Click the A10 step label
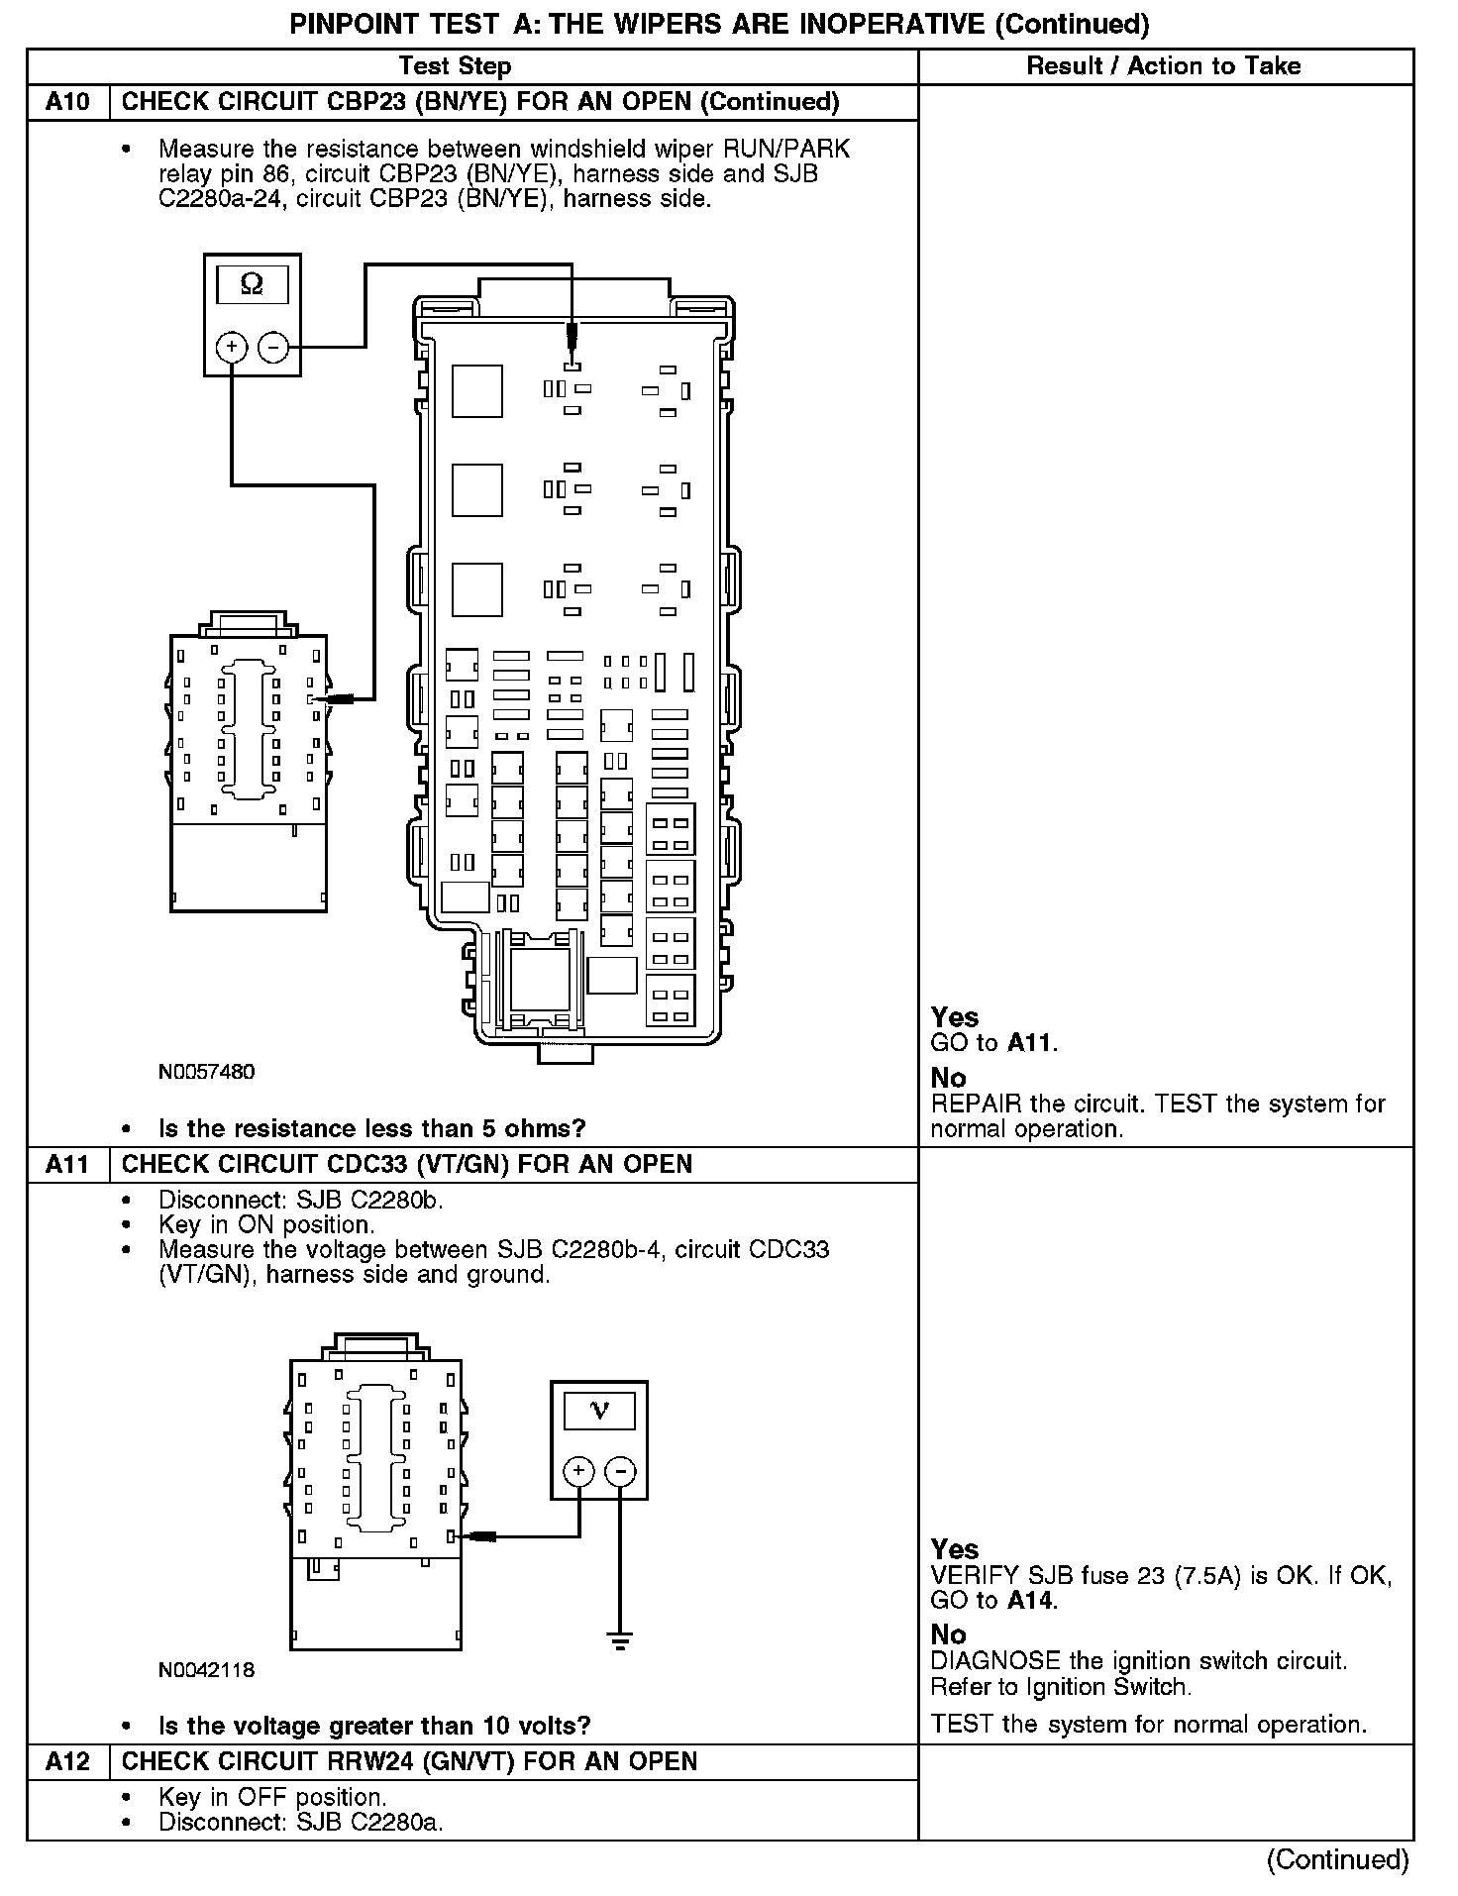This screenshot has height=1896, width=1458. tap(67, 102)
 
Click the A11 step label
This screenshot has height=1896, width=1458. tap(67, 1164)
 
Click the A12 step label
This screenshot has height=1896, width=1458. tap(67, 1761)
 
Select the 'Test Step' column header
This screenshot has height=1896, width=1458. tap(455, 66)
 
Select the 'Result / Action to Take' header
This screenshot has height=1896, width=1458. tap(1164, 66)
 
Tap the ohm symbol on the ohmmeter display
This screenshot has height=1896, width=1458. tap(252, 285)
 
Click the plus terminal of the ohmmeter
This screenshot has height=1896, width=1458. tap(231, 347)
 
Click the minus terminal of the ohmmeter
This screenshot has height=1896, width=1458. tap(273, 347)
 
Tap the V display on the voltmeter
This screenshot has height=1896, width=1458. tap(599, 1411)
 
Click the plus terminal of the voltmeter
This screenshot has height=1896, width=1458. tap(578, 1472)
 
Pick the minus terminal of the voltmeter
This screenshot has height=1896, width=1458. tap(620, 1472)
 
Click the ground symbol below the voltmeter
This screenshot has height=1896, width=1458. tap(620, 1643)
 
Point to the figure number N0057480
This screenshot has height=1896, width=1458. tap(206, 1072)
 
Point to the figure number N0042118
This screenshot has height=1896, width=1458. tap(206, 1670)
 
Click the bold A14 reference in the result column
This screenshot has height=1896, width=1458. tap(1031, 1600)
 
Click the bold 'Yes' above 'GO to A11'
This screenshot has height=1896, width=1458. tap(954, 1017)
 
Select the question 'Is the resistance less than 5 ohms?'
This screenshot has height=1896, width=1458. tap(372, 1128)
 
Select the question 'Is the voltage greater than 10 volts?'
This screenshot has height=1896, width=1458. tap(374, 1726)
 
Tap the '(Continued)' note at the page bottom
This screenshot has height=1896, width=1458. tap(1337, 1859)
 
